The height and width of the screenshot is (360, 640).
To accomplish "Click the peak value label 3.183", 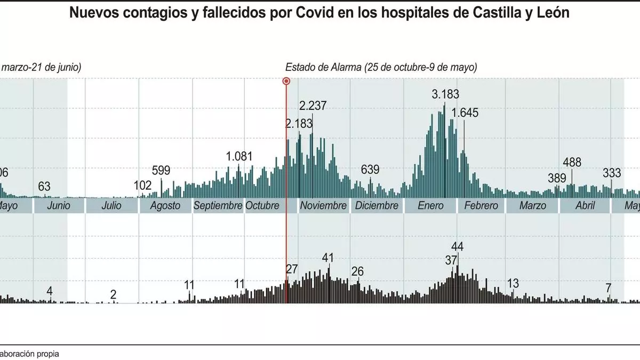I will (x=445, y=95).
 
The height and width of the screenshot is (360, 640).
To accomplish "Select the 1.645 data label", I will (x=465, y=113).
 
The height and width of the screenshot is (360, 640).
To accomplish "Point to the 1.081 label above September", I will (x=239, y=157).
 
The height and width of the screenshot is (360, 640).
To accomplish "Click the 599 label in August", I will (x=161, y=171).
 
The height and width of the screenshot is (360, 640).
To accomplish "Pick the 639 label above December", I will (x=370, y=170).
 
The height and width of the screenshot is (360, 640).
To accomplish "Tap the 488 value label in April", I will (x=572, y=163).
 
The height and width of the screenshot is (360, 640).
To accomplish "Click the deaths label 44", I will (x=457, y=246).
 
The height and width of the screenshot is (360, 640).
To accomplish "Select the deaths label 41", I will (x=328, y=258).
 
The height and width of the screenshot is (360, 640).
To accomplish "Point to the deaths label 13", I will (x=513, y=283).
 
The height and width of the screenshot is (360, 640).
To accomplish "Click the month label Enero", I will (x=430, y=205).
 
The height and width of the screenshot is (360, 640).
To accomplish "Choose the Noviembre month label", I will (x=324, y=205).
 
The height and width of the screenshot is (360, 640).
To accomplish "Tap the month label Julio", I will (x=111, y=205).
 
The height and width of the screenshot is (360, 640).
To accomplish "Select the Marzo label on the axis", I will (x=532, y=205).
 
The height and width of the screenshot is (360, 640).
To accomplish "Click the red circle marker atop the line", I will (x=286, y=81).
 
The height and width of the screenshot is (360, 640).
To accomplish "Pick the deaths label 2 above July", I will (x=113, y=294).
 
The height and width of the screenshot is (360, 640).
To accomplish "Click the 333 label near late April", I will (x=612, y=173).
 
